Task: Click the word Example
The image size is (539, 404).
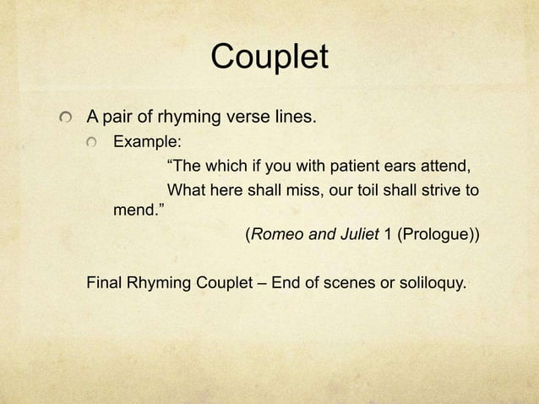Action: point(144,139)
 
